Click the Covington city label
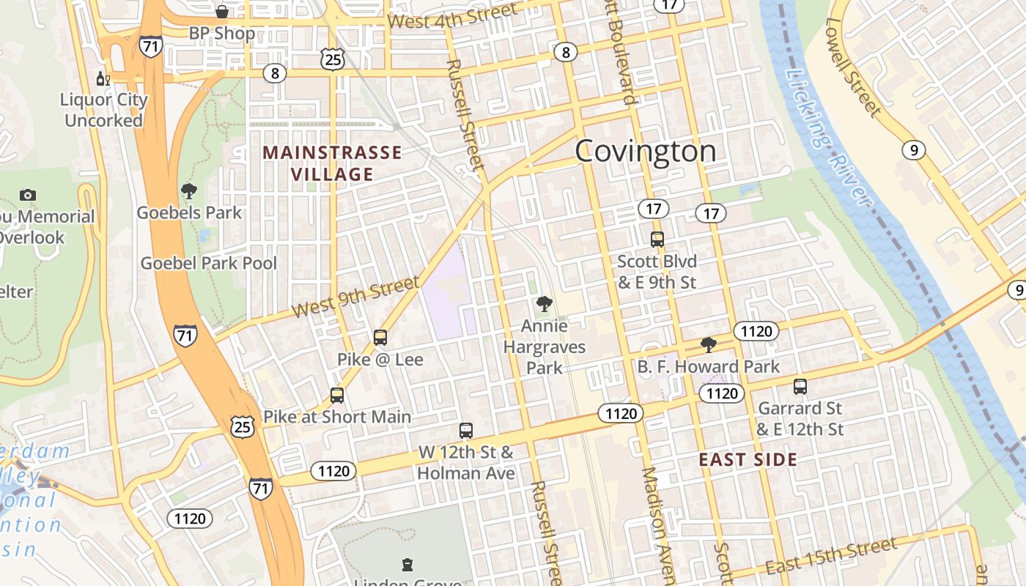pos(645,152)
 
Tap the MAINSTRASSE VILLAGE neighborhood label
pos(332,163)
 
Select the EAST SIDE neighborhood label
pos(748,460)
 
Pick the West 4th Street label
pos(452,17)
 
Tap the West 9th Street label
pos(355,297)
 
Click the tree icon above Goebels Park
pos(189,192)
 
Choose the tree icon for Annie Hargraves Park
pos(544,304)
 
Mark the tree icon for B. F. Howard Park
pos(708,344)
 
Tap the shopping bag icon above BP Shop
pos(221,12)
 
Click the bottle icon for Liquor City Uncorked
pos(103,78)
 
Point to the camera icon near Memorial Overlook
pos(28,195)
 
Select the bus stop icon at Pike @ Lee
pos(380,338)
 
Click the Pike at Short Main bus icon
pos(336,396)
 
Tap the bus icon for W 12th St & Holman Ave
pos(465,431)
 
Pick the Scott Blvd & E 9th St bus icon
pos(657,239)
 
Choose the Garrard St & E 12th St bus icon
pos(800,386)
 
